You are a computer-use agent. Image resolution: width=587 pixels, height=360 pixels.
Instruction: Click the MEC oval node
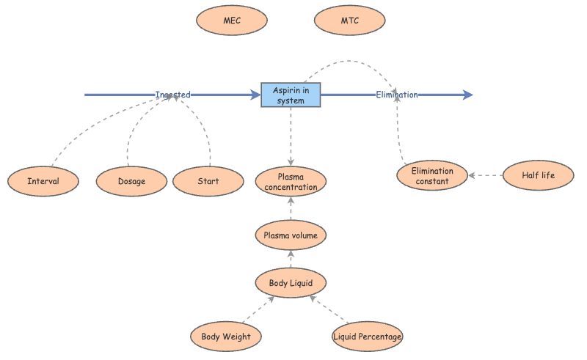[x=231, y=21]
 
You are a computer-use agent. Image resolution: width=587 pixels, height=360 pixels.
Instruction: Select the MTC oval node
[x=349, y=21]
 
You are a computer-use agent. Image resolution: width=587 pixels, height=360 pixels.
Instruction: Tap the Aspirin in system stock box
[x=291, y=95]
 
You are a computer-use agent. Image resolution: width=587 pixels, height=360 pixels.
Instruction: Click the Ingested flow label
[x=173, y=95]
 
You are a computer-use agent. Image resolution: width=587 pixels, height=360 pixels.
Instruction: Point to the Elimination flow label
[x=397, y=95]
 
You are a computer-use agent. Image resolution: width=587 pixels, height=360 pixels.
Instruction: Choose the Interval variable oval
[x=43, y=181]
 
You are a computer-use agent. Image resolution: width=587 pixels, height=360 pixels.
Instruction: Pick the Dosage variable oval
[x=131, y=181]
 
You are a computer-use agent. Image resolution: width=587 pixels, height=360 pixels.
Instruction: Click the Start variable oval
[x=208, y=181]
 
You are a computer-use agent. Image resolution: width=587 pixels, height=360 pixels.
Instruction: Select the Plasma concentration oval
[x=291, y=182]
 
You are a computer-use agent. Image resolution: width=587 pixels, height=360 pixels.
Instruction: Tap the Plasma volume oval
[x=291, y=235]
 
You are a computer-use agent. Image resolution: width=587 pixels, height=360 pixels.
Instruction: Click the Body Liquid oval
[x=291, y=282]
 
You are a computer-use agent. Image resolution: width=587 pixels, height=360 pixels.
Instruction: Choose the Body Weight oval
[x=226, y=337]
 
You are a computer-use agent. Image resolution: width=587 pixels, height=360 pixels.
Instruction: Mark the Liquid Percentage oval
[x=368, y=337]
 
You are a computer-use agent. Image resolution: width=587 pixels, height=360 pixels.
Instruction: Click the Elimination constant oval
[x=432, y=176]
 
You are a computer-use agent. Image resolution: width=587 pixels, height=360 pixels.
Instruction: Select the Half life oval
[x=539, y=176]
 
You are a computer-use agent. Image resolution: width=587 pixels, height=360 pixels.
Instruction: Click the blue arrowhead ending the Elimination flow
[x=468, y=95]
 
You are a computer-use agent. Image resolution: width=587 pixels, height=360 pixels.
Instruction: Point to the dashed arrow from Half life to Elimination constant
[x=486, y=176]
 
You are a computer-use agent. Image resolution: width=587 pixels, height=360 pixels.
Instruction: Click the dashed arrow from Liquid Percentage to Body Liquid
[x=327, y=309]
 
